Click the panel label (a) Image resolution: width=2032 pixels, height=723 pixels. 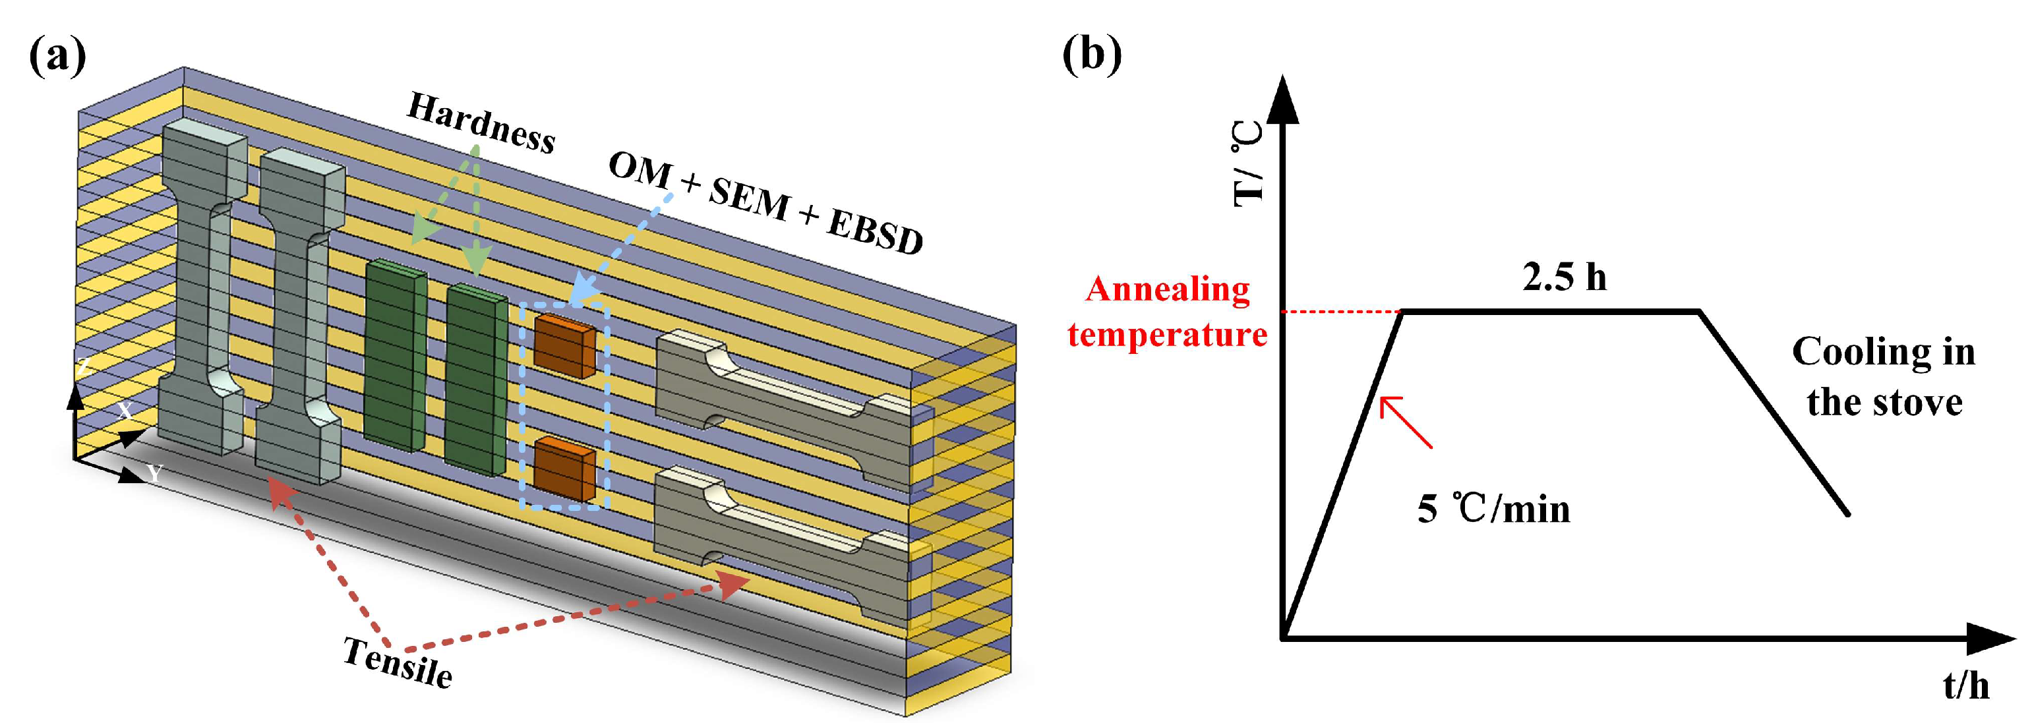(57, 57)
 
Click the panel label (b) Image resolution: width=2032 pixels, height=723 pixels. (1091, 55)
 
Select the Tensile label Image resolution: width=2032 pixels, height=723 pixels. (398, 663)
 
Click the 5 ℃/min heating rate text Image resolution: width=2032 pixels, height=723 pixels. (1493, 509)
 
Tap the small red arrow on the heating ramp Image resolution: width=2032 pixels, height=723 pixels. (1404, 421)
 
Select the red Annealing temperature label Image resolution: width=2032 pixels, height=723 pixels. (1168, 312)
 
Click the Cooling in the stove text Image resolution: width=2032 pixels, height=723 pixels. (1884, 377)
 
